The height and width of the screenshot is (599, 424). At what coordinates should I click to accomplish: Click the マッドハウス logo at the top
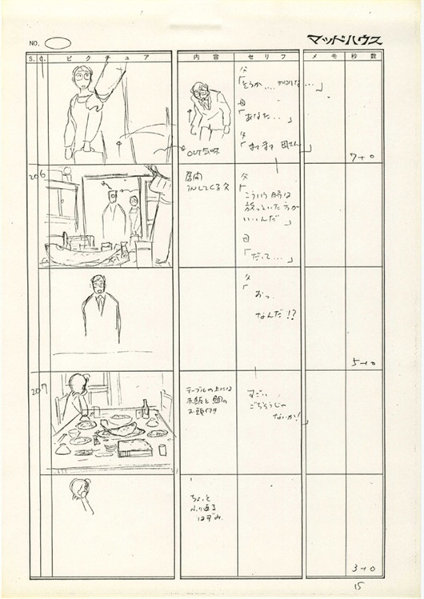(344, 40)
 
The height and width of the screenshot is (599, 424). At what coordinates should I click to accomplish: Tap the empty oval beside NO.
(58, 42)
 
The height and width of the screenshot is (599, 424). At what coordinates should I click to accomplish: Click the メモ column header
(322, 58)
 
